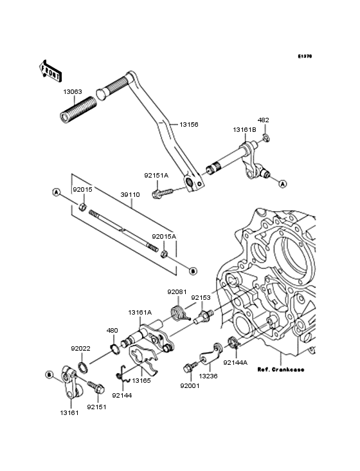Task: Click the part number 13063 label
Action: [73, 91]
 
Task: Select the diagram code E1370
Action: [304, 57]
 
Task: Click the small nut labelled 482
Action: [265, 136]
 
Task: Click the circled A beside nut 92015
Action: [57, 192]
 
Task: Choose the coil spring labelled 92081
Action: [179, 314]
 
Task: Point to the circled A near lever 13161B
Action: [281, 183]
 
